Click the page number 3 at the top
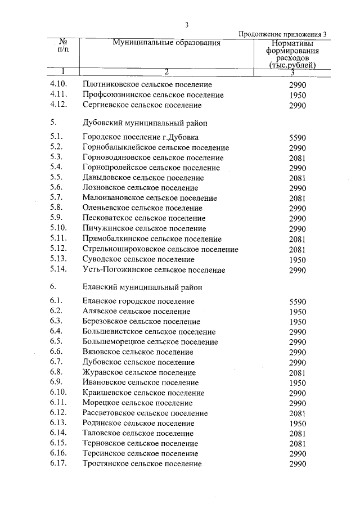[x=186, y=24]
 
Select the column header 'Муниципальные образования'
[x=166, y=43]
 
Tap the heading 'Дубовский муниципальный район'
[x=140, y=121]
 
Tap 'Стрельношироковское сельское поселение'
[x=160, y=249]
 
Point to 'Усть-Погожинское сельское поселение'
[x=154, y=270]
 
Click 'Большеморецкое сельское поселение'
[x=150, y=341]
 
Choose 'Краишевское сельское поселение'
[x=143, y=393]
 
